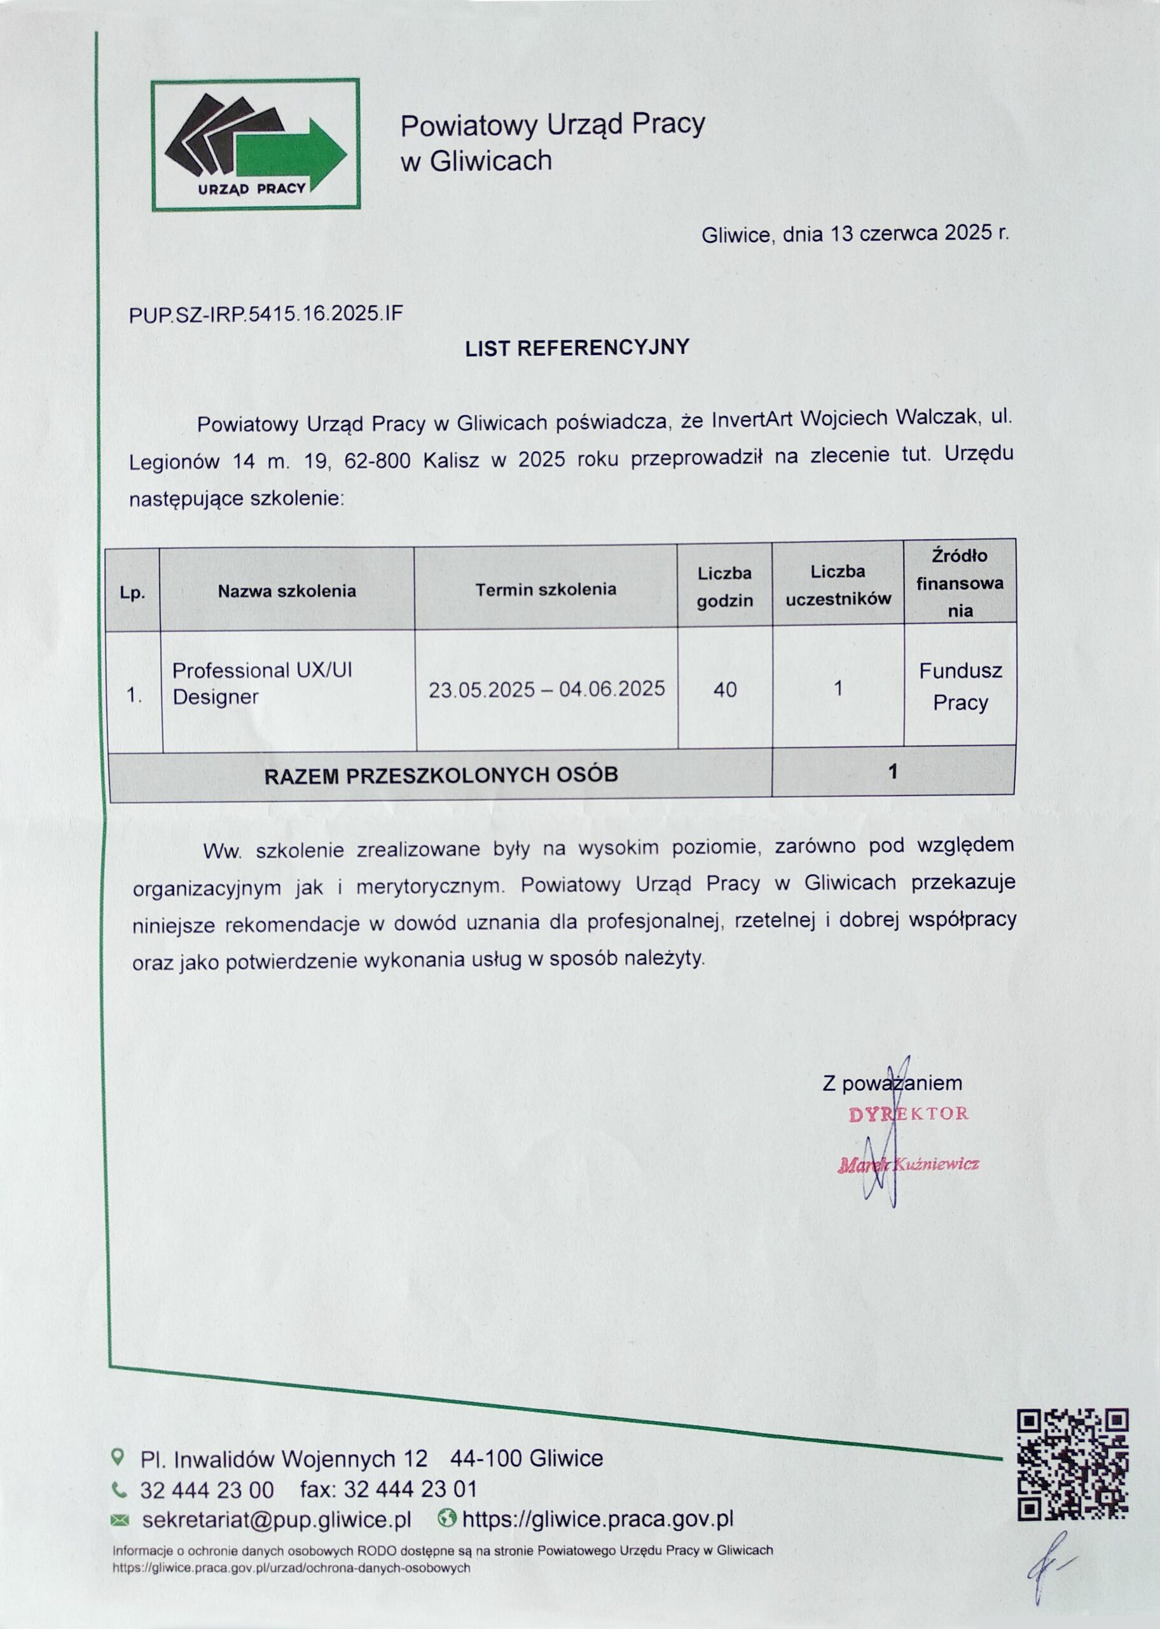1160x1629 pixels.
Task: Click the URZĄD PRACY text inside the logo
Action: [251, 188]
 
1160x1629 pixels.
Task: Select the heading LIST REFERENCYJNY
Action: [577, 347]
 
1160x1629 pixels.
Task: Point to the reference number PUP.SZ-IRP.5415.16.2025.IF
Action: [266, 314]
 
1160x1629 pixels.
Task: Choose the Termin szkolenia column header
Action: [546, 589]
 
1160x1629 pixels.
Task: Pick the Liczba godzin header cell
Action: [724, 587]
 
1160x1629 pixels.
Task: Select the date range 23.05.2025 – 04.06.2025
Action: [546, 689]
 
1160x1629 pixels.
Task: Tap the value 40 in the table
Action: [725, 690]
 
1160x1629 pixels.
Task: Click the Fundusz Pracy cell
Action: [960, 687]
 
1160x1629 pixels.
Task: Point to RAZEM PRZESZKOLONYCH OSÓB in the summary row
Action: [441, 775]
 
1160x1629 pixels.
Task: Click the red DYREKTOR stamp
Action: [909, 1114]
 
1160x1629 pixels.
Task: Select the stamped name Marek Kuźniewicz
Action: [908, 1164]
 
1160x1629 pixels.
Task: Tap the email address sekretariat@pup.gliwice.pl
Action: [277, 1520]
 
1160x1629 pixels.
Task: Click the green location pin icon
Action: [118, 1455]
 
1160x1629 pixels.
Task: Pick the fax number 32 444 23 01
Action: [410, 1489]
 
